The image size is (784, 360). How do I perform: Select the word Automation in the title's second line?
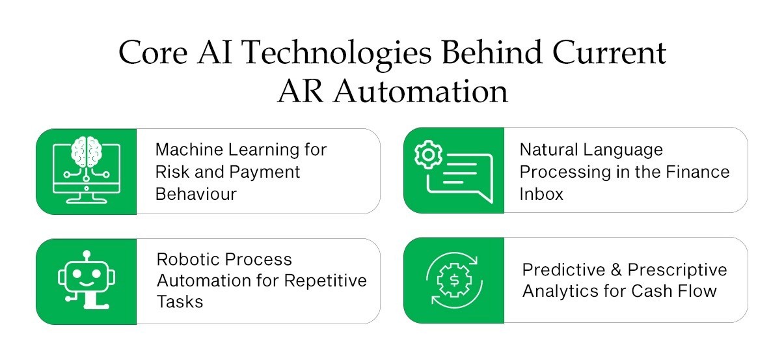[421, 91]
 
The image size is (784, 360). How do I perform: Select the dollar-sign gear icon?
[453, 280]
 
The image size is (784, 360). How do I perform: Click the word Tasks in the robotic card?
[180, 302]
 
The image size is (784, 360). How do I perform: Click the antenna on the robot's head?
[86, 253]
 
